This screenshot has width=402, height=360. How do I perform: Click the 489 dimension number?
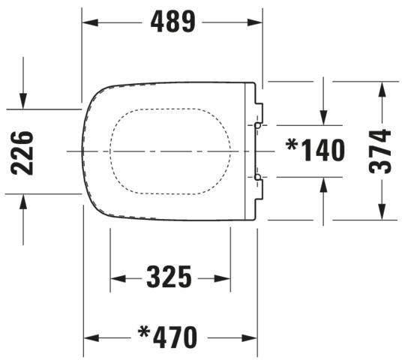pos(172,22)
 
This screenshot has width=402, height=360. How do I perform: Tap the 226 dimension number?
pos(22,153)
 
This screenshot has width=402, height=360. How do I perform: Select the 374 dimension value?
pos(380,151)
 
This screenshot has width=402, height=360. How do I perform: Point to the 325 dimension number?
pos(169,277)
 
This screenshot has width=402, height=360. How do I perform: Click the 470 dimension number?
pos(175,337)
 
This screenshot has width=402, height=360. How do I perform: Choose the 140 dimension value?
pos(322,150)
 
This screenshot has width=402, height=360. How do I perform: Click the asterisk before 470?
pos(144,332)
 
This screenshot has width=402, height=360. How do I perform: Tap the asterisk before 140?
pos(292,145)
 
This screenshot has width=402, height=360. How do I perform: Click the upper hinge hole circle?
pos(258,126)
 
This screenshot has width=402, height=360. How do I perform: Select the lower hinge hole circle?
pos(258,177)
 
